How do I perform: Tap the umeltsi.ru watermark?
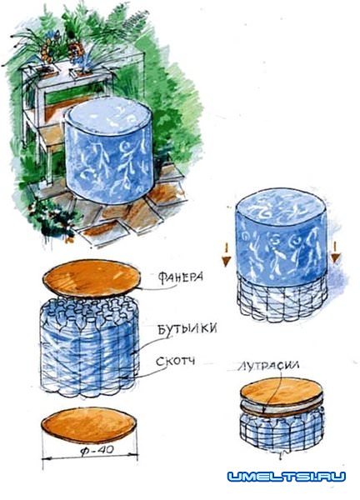click(287, 477)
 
